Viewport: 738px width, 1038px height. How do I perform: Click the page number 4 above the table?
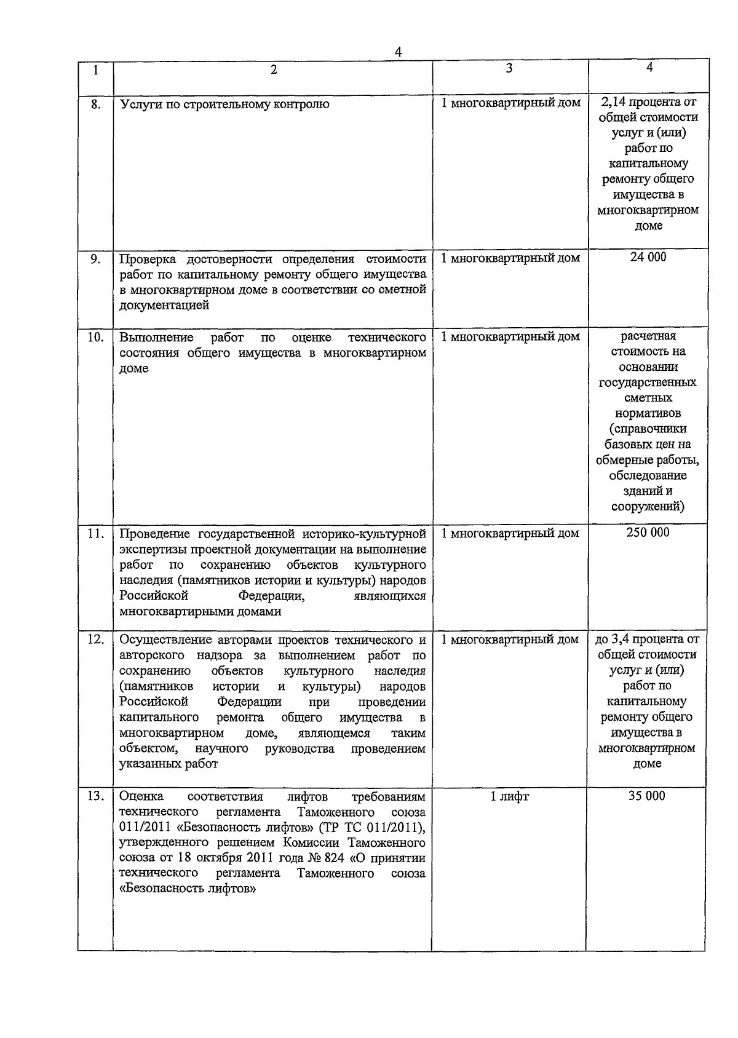pyautogui.click(x=398, y=52)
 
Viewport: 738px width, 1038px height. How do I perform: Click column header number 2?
pyautogui.click(x=274, y=70)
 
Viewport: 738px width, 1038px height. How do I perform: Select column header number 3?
pyautogui.click(x=509, y=68)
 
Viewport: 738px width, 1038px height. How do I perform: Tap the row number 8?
pyautogui.click(x=95, y=104)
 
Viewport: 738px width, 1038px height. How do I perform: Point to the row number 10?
pyautogui.click(x=95, y=337)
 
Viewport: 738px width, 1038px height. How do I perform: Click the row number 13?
pyautogui.click(x=95, y=796)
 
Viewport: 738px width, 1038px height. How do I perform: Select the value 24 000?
pyautogui.click(x=648, y=257)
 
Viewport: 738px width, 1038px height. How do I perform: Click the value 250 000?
pyautogui.click(x=648, y=533)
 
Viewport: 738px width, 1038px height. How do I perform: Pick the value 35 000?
pyautogui.click(x=646, y=796)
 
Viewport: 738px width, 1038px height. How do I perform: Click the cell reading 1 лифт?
pyautogui.click(x=509, y=796)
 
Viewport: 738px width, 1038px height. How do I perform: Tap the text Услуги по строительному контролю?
pyautogui.click(x=224, y=104)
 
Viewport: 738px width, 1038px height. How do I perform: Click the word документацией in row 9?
pyautogui.click(x=164, y=305)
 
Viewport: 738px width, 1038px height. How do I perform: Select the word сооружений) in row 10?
pyautogui.click(x=648, y=507)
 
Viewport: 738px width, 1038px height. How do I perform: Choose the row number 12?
pyautogui.click(x=95, y=640)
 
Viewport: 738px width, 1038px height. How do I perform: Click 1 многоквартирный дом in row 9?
pyautogui.click(x=510, y=258)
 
